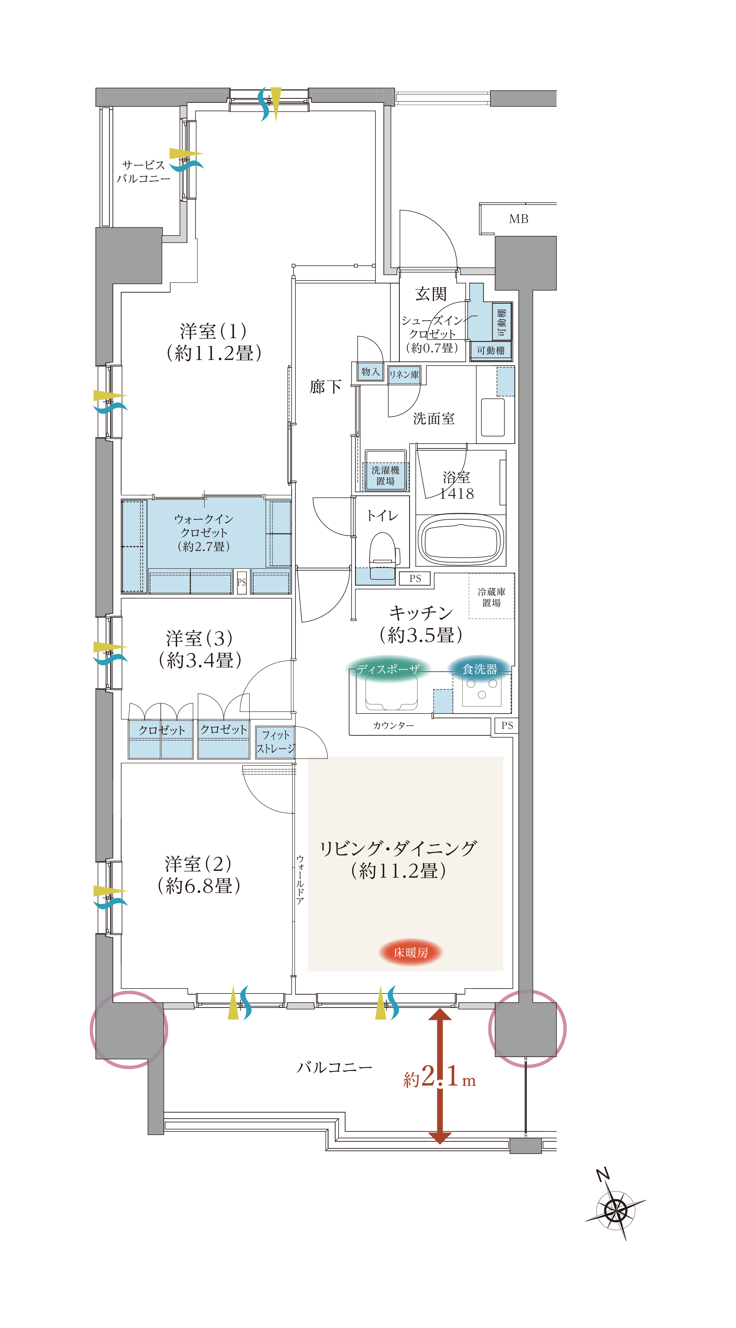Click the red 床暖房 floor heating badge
[x=411, y=952]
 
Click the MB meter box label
[x=518, y=219]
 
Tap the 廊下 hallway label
[x=325, y=387]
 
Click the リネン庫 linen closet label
[x=404, y=374]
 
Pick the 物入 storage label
[x=370, y=372]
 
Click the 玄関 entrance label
[x=431, y=294]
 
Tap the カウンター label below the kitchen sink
[x=393, y=725]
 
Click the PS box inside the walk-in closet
[x=241, y=582]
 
